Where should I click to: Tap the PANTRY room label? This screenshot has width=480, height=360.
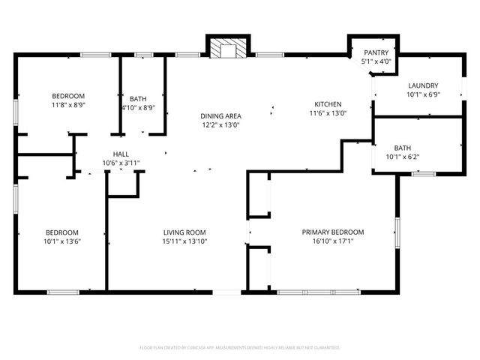point(376,52)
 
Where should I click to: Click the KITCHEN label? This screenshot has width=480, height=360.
point(328,104)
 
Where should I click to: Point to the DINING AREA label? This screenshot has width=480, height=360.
point(220,115)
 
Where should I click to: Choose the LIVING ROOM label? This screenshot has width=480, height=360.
point(184,232)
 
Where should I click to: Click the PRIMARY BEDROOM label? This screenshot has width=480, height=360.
point(332,232)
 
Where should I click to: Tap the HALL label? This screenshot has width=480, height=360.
point(121,154)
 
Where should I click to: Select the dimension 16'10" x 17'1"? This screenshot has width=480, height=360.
point(332,241)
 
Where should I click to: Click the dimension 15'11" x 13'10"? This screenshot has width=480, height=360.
point(184,241)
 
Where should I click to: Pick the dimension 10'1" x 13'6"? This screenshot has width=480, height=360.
point(61,241)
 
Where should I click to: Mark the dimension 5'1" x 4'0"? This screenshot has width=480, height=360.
point(376,61)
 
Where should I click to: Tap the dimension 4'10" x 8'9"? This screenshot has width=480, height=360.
point(138,107)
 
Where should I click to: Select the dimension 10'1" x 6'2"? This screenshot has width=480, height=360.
point(403,157)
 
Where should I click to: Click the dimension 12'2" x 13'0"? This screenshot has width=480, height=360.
point(220,125)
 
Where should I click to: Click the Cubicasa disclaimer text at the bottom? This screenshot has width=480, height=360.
point(240,348)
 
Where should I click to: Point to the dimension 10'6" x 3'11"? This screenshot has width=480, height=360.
point(121,163)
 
